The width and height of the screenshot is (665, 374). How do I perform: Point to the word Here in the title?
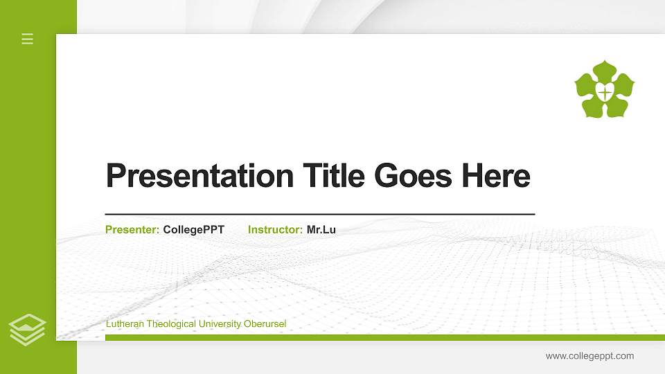tap(496, 176)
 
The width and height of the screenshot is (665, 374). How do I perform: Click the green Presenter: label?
tap(132, 229)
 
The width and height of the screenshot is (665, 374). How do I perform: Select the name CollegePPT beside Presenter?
tap(194, 229)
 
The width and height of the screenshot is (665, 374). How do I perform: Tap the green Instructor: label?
tap(275, 229)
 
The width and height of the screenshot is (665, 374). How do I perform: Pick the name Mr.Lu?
tap(321, 229)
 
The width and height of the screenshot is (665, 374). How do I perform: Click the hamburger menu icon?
tap(28, 39)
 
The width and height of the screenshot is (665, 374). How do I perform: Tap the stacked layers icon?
tap(28, 329)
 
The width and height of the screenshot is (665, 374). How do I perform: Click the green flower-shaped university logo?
tap(605, 89)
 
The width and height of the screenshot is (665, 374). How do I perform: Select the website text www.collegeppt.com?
tap(589, 356)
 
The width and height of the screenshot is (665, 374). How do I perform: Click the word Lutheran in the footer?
tap(125, 324)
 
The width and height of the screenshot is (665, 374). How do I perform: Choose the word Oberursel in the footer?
tap(265, 324)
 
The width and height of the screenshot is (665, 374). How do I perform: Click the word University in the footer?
tap(220, 324)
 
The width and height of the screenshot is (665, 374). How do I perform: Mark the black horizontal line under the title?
tap(320, 214)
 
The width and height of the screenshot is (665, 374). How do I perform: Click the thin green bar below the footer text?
tap(381, 337)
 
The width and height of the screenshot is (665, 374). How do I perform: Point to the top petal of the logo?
tap(605, 69)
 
